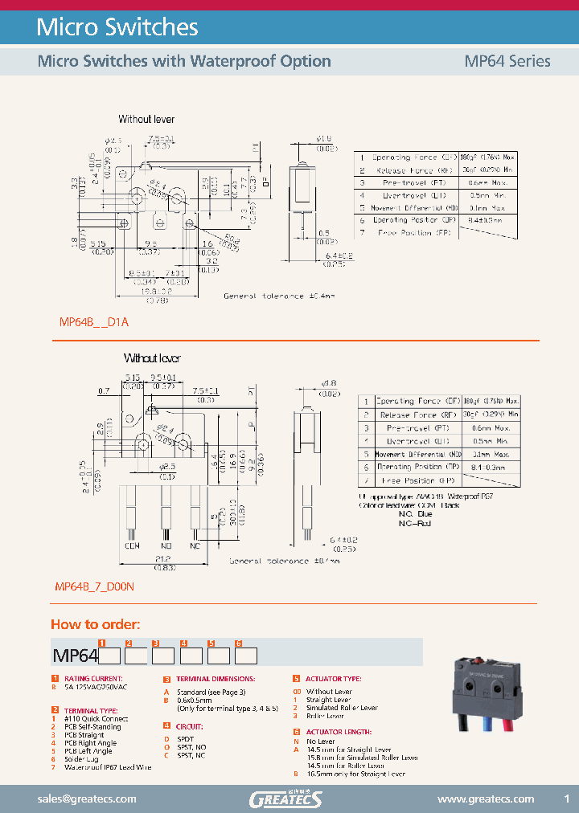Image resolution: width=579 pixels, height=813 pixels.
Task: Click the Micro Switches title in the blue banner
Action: [117, 27]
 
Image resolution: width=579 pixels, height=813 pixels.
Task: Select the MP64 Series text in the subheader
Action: [507, 61]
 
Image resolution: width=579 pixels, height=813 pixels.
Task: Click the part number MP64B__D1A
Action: [94, 321]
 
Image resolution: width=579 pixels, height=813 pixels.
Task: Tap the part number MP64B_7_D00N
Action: [94, 587]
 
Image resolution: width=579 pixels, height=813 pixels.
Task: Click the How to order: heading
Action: [96, 624]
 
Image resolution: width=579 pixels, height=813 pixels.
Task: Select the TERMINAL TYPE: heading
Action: [91, 710]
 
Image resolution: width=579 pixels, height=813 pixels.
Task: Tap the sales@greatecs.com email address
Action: [87, 799]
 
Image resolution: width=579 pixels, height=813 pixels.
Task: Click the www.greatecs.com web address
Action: [485, 799]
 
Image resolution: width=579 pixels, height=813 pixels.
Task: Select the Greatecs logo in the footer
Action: [285, 799]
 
